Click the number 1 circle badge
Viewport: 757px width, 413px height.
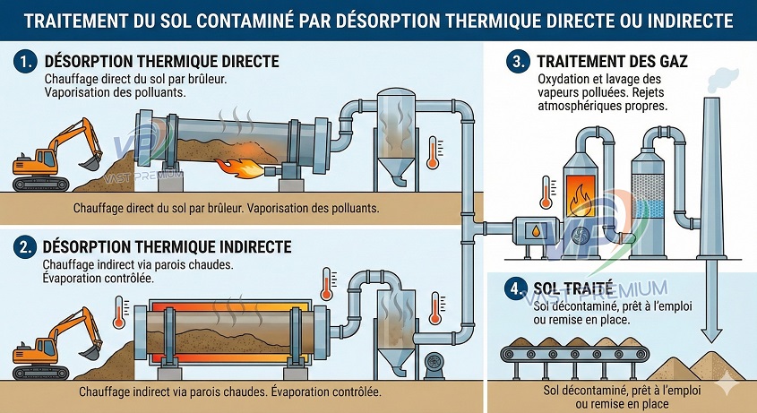point(24,63)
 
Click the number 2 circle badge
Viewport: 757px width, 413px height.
point(24,246)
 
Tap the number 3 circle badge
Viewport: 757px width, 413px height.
point(517,63)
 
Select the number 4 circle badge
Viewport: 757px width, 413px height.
point(514,288)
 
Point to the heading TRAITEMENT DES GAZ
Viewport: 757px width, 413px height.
point(612,63)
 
